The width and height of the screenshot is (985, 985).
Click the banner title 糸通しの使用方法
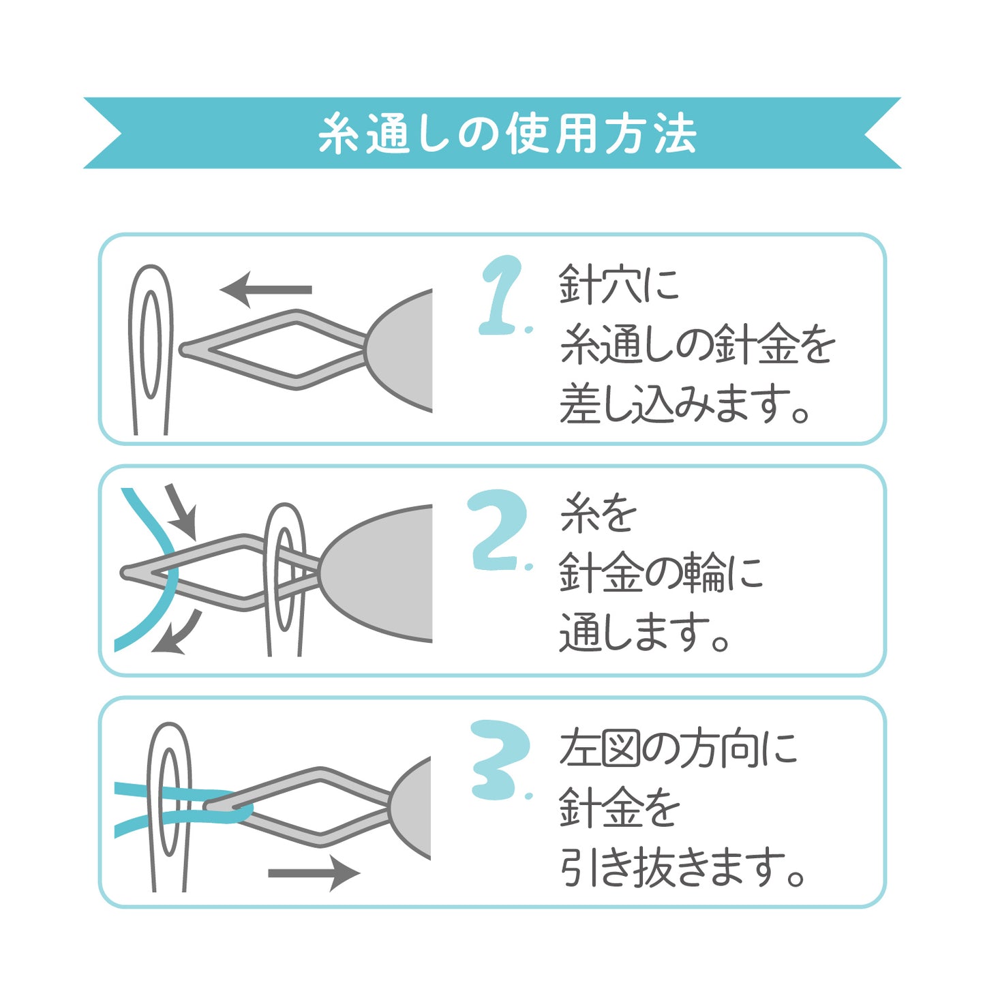pos(507,134)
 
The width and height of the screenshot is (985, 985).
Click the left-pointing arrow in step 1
pos(265,290)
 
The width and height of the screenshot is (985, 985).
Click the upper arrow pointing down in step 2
pos(183,512)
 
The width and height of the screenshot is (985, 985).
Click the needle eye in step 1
pos(150,344)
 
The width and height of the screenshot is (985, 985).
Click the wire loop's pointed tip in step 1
pos(183,350)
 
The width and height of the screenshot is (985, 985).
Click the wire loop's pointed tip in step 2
pos(124,573)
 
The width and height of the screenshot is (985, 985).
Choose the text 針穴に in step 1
pos(620,284)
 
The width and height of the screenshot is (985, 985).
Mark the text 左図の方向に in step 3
pos(678,749)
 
